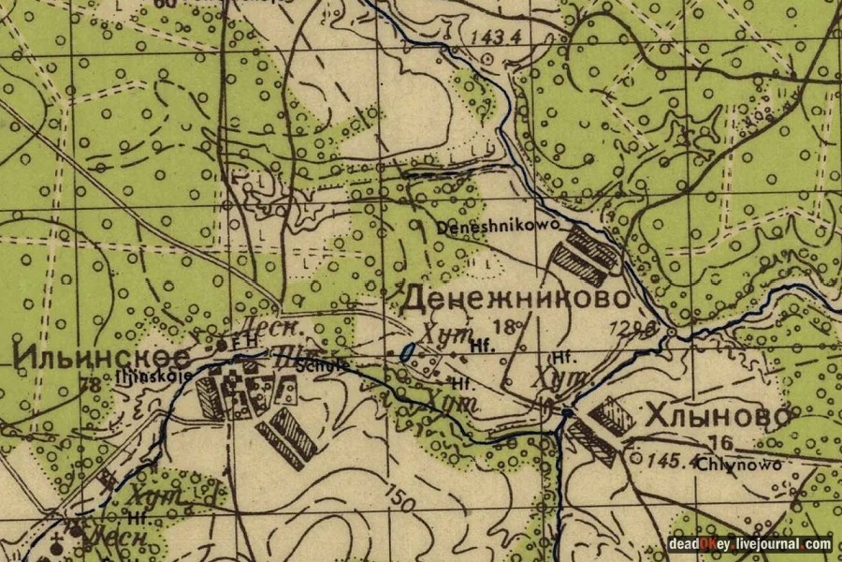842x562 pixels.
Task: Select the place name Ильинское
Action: click(102, 357)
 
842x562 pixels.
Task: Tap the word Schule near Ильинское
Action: click(311, 364)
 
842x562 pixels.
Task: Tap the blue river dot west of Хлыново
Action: click(568, 411)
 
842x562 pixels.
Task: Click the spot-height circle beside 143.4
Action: click(486, 58)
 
